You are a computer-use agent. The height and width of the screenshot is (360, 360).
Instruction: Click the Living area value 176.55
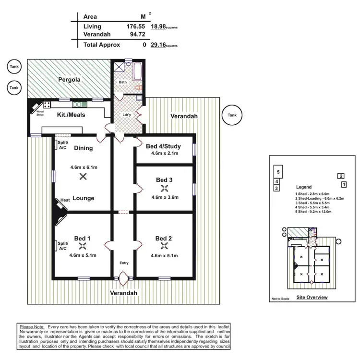pyautogui.click(x=123, y=27)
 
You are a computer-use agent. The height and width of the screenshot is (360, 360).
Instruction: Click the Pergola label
pyautogui.click(x=69, y=79)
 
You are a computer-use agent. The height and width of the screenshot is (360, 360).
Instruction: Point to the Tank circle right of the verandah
pyautogui.click(x=232, y=115)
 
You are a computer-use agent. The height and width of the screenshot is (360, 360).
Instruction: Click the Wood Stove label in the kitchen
pyautogui.click(x=40, y=113)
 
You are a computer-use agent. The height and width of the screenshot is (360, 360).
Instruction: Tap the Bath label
pyautogui.click(x=123, y=83)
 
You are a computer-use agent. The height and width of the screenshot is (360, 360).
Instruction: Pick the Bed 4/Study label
pyautogui.click(x=165, y=146)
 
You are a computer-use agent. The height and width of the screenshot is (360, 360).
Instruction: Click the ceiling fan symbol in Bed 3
pyautogui.click(x=165, y=188)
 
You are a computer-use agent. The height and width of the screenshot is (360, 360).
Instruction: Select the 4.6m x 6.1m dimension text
pyautogui.click(x=84, y=167)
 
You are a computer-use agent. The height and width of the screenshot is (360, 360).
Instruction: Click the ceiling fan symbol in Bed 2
pyautogui.click(x=165, y=246)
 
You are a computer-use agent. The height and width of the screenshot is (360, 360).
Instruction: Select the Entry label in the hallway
pyautogui.click(x=124, y=263)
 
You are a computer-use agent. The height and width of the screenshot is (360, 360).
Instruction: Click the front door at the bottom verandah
pyautogui.click(x=124, y=278)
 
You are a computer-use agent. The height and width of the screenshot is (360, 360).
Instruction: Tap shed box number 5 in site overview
pyautogui.click(x=277, y=171)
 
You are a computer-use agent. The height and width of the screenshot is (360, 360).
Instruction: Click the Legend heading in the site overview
pyautogui.click(x=303, y=187)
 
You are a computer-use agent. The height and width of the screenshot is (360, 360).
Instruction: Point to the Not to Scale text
pyautogui.click(x=280, y=299)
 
